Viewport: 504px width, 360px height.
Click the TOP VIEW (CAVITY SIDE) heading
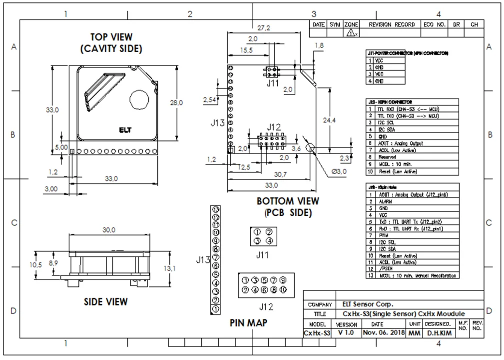click(111, 42)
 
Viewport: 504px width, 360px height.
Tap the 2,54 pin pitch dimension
click(210, 100)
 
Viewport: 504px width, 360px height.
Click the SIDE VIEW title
click(105, 301)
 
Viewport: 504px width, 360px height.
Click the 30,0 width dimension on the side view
click(109, 230)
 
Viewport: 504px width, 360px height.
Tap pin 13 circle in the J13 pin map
click(216, 209)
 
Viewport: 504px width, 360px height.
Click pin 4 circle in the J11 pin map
click(269, 240)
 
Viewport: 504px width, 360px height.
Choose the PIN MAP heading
click(248, 322)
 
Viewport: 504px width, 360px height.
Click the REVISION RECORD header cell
click(392, 24)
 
